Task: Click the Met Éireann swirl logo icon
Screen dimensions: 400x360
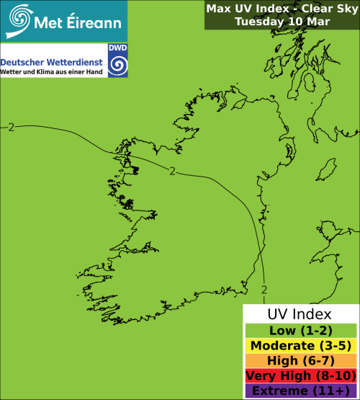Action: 19,19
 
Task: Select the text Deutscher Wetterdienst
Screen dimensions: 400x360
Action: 52,63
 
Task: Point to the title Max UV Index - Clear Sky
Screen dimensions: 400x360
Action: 282,9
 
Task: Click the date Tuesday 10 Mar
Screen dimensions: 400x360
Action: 282,22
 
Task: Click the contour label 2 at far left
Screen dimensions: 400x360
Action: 12,127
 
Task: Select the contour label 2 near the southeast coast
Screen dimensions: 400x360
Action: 264,290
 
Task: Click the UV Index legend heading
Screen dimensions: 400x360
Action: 300,315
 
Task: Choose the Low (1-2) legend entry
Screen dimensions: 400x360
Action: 300,331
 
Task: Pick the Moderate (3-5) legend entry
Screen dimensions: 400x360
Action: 300,346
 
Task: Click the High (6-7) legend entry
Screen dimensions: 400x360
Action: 300,360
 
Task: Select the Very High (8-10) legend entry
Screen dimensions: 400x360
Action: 300,375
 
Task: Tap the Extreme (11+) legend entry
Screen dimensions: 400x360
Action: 300,391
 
